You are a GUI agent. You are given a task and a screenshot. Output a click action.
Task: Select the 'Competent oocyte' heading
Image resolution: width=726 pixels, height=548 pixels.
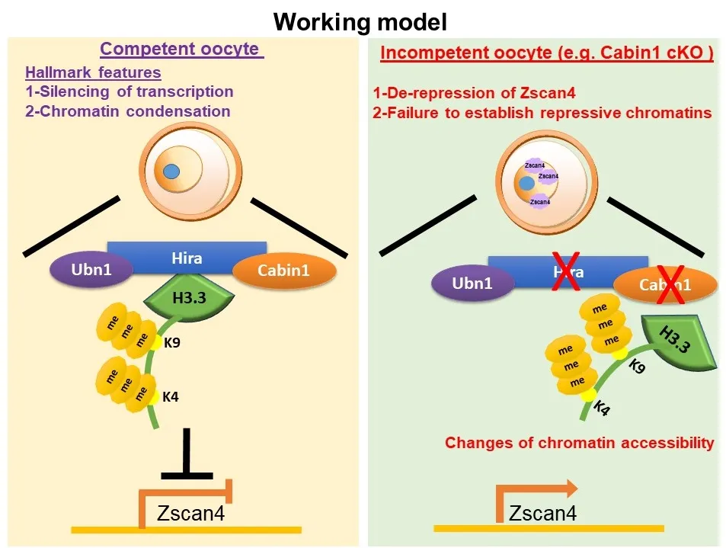tap(181, 50)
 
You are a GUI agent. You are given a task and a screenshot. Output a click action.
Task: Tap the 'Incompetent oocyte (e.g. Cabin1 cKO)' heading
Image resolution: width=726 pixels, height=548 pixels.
tap(546, 53)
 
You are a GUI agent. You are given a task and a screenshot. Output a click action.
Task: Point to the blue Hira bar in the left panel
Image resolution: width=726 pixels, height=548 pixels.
tap(187, 257)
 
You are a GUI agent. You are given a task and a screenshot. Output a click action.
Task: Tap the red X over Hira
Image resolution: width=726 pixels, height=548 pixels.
tap(564, 273)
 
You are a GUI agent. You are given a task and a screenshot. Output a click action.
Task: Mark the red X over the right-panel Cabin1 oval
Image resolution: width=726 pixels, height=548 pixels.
tap(670, 284)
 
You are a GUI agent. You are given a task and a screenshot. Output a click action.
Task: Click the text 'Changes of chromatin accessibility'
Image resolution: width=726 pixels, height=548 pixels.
tap(579, 443)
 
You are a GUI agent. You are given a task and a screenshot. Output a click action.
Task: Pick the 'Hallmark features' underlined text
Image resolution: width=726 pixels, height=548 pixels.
tap(93, 73)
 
